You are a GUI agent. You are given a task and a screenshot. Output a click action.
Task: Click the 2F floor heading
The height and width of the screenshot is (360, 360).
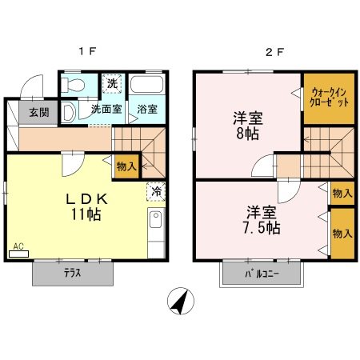(275, 54)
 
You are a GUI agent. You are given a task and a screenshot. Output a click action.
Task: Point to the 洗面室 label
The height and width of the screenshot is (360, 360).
(106, 109)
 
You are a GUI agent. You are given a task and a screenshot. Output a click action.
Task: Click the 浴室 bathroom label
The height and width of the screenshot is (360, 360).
(147, 109)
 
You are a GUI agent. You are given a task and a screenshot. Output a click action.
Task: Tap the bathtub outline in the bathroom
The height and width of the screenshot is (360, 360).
(146, 85)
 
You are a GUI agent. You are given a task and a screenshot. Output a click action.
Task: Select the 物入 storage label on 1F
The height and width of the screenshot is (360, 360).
(126, 166)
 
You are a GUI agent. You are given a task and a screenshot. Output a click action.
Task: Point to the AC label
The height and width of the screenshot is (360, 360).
(18, 246)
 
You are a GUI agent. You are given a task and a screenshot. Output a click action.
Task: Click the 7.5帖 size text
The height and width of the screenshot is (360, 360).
(262, 228)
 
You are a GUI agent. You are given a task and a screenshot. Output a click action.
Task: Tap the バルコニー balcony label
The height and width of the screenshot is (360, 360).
(262, 274)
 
